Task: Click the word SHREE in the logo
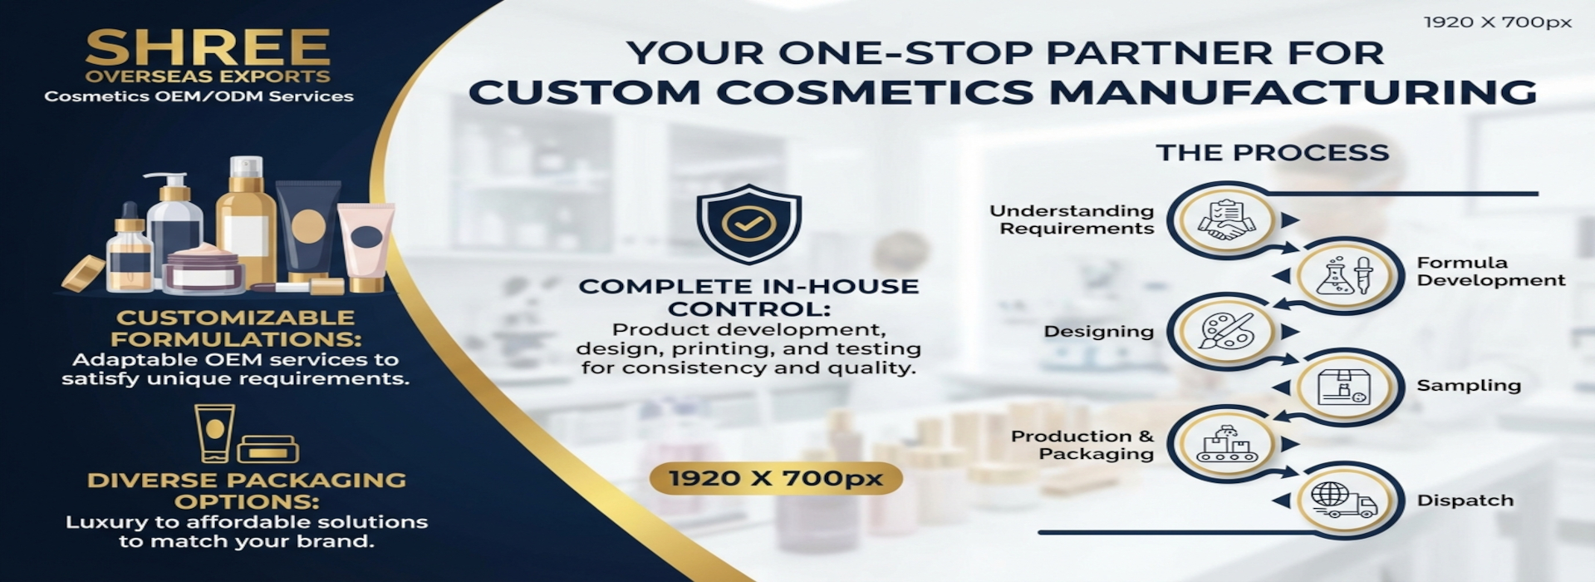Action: point(208,47)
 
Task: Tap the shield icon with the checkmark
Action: point(748,223)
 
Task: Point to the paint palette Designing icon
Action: point(1226,331)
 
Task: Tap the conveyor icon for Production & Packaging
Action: point(1226,442)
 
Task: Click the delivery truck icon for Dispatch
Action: point(1344,500)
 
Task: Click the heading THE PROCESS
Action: point(1272,152)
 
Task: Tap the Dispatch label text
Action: point(1465,501)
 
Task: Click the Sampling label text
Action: point(1468,386)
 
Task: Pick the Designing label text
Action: point(1098,332)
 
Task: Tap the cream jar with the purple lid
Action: point(204,269)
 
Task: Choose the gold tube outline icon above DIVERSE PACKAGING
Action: point(214,433)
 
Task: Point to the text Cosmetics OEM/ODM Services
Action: point(199,96)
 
